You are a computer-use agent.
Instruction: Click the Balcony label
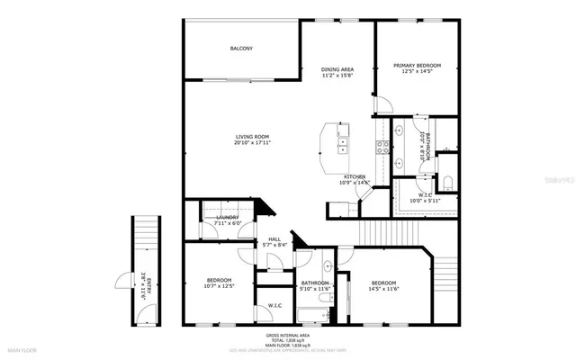pyautogui.click(x=240, y=49)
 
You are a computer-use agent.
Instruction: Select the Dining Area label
pyautogui.click(x=337, y=69)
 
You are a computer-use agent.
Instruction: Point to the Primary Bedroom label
pyautogui.click(x=417, y=66)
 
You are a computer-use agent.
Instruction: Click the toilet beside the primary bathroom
pyautogui.click(x=449, y=166)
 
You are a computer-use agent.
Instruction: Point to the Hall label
pyautogui.click(x=274, y=238)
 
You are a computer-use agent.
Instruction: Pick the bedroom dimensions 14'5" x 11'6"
pyautogui.click(x=384, y=288)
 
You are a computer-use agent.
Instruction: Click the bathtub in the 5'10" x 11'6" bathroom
pyautogui.click(x=312, y=314)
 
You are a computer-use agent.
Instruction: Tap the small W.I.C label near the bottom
pyautogui.click(x=274, y=306)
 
